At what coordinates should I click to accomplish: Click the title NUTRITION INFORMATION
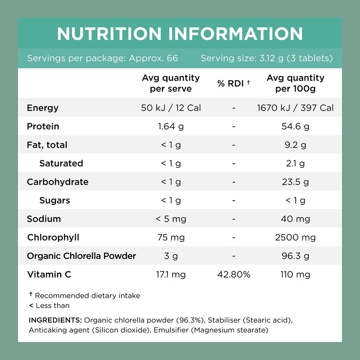pos(180,34)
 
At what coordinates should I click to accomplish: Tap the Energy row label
pos(43,108)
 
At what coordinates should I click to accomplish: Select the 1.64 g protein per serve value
pos(171,126)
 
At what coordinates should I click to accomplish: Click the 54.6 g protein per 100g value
pos(295,126)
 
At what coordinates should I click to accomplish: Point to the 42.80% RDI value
pos(234,274)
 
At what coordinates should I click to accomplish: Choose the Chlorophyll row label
pos(53,238)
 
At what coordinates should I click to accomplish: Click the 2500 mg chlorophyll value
pos(295,238)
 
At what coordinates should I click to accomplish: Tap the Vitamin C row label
pos(49,274)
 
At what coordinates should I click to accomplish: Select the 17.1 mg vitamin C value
pos(171,274)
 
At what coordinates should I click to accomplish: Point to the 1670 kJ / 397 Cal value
pos(295,108)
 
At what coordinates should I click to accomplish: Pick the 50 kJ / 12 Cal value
pos(171,108)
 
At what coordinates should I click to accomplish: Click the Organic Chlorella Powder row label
pos(81,256)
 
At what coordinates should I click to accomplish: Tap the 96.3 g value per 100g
pos(295,256)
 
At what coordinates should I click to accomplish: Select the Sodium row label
pos(44,219)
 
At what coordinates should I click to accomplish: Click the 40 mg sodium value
pos(295,219)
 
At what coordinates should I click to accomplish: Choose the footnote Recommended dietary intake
pos(87,296)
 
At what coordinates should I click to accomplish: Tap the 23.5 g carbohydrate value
pos(295,182)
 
